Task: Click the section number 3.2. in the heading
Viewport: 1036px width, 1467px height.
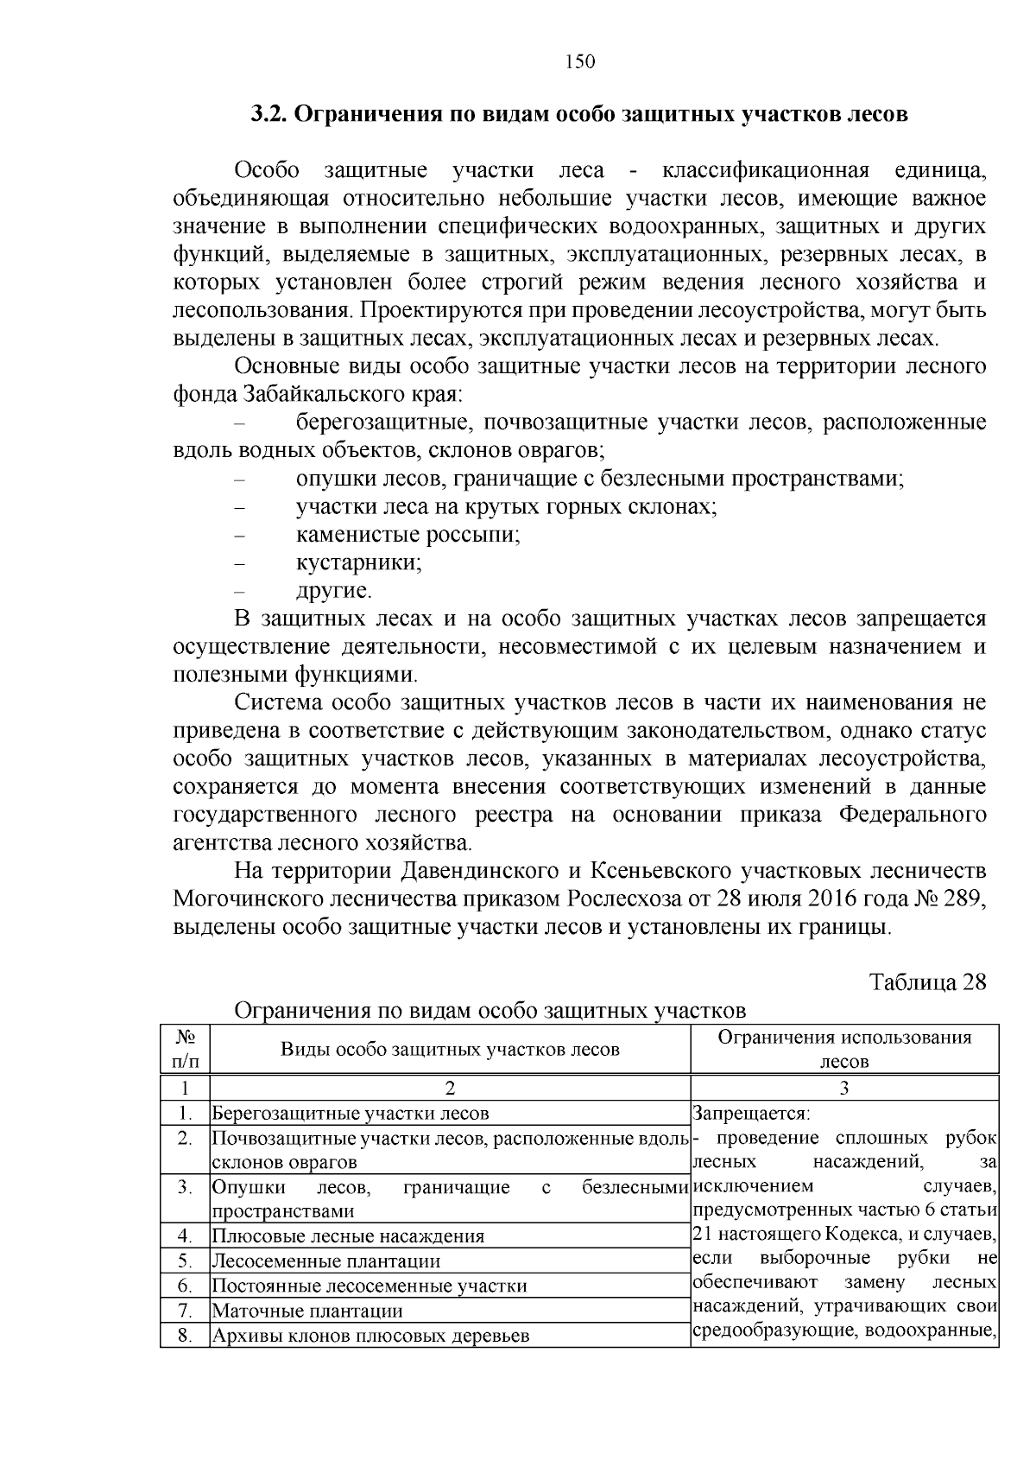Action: pos(270,115)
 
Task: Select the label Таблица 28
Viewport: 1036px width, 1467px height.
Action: pos(927,982)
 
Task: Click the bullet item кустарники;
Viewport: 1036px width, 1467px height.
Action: pos(359,562)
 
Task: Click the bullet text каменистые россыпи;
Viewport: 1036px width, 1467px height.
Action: pos(408,535)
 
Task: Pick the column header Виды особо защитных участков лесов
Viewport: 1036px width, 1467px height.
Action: pos(450,1050)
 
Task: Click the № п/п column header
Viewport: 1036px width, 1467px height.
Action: pos(186,1048)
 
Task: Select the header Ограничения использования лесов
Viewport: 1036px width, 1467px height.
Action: pos(844,1049)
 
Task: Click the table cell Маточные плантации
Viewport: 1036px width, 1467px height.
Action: pos(308,1311)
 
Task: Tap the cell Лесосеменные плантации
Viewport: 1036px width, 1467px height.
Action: pos(326,1261)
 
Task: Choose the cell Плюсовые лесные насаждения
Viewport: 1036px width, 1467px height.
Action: pos(348,1235)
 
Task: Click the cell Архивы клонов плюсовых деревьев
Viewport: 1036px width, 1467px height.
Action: pos(370,1336)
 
